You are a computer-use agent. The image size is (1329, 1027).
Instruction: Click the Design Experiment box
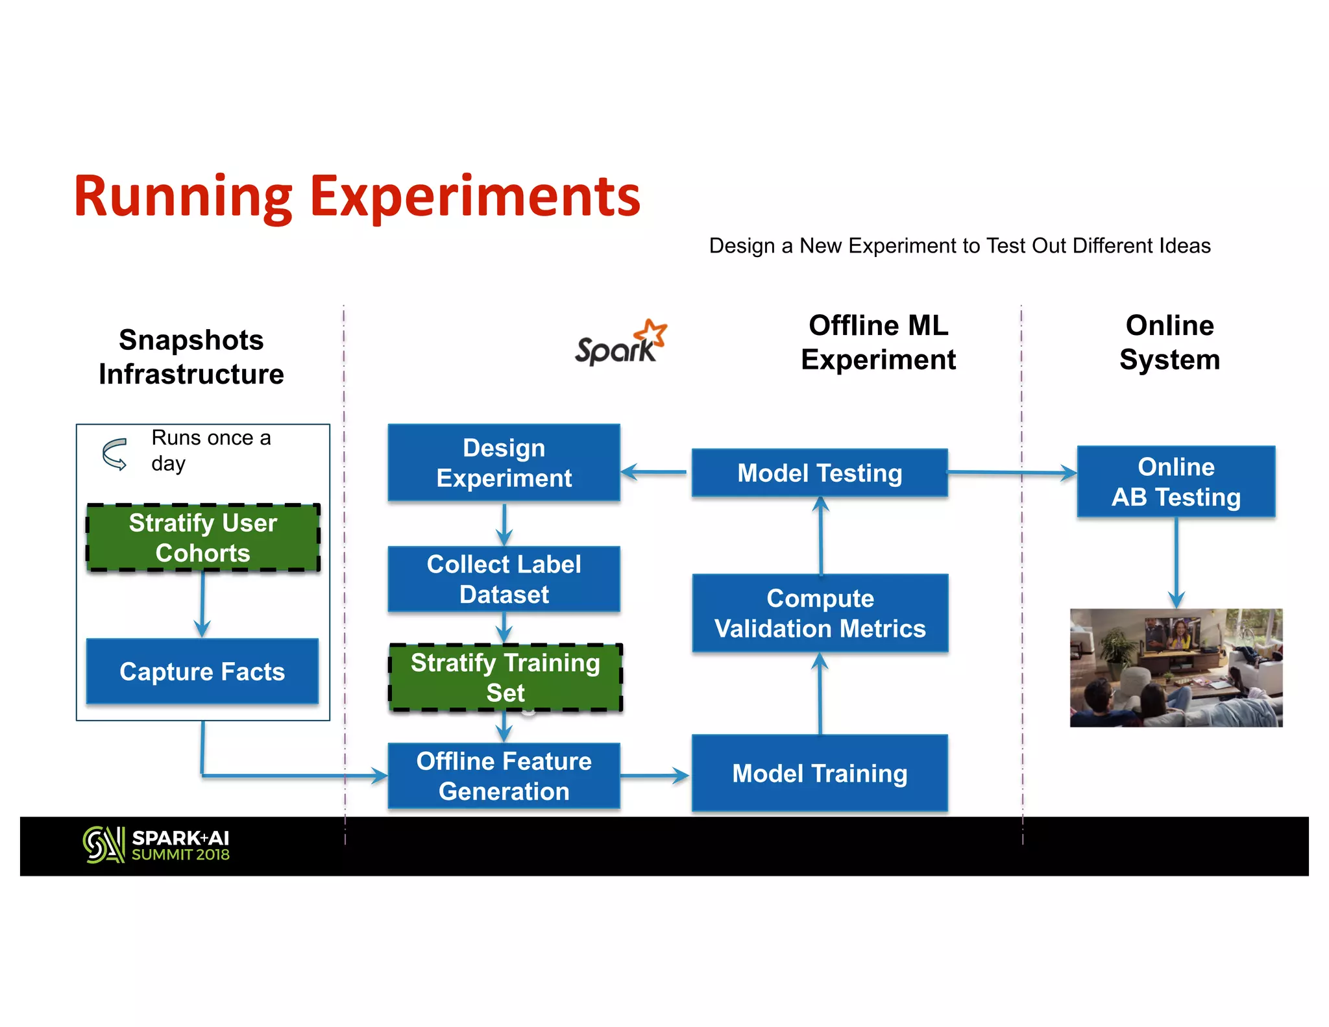pyautogui.click(x=504, y=462)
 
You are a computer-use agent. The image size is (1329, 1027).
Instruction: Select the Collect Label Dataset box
pyautogui.click(x=504, y=578)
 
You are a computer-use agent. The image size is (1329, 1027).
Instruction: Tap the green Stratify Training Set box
pyautogui.click(x=505, y=677)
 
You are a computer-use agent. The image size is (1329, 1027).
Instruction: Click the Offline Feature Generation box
pyautogui.click(x=504, y=775)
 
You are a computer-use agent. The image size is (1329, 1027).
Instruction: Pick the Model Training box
pyautogui.click(x=820, y=773)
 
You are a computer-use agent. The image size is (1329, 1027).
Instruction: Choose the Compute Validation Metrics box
pyautogui.click(x=820, y=613)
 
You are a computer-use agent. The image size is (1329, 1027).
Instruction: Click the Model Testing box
pyautogui.click(x=820, y=473)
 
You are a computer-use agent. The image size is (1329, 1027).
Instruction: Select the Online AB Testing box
pyautogui.click(x=1176, y=481)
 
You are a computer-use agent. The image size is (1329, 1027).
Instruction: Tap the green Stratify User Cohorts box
pyautogui.click(x=203, y=538)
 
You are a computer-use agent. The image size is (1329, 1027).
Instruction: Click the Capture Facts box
pyautogui.click(x=202, y=671)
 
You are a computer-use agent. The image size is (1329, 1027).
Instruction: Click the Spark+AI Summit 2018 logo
pyautogui.click(x=156, y=845)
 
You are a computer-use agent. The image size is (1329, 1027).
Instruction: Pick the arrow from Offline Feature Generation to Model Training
pyautogui.click(x=654, y=775)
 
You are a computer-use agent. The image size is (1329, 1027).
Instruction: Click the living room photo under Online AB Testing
pyautogui.click(x=1176, y=667)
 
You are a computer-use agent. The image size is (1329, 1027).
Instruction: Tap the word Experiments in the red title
pyautogui.click(x=475, y=196)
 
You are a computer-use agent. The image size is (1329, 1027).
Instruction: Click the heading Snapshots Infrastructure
pyautogui.click(x=191, y=357)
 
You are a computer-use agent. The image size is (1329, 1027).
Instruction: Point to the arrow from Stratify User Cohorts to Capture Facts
pyautogui.click(x=202, y=604)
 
